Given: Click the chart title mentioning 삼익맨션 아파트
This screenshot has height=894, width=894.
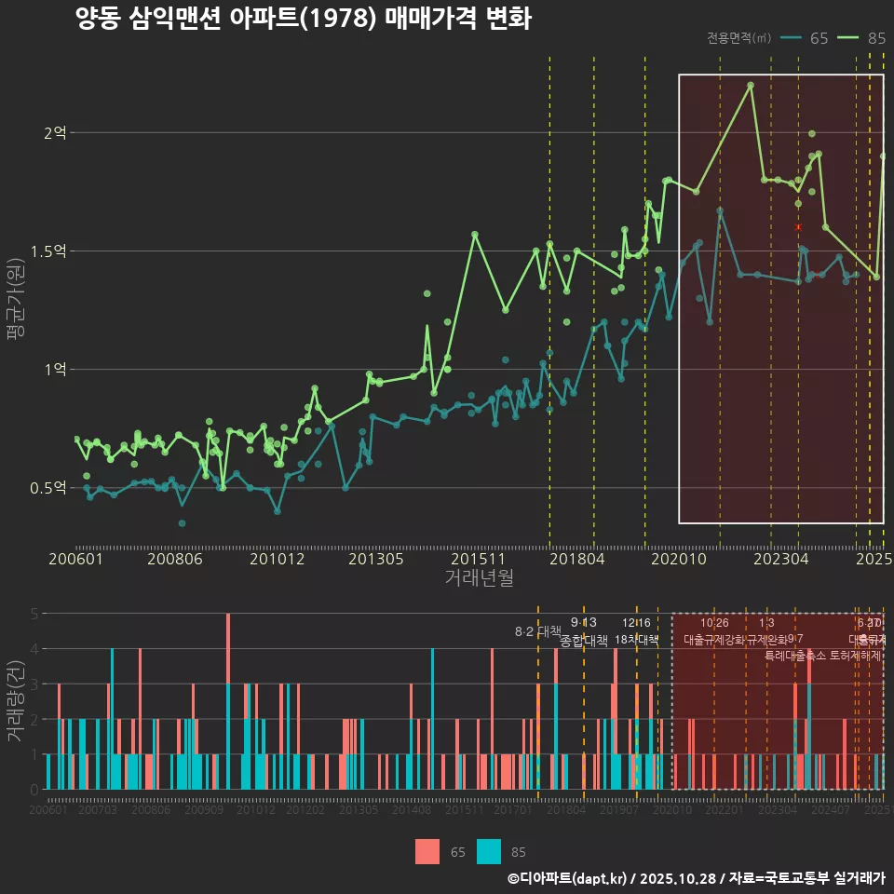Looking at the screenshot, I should point(304,19).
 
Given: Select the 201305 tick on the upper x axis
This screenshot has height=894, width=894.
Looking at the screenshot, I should point(375,559).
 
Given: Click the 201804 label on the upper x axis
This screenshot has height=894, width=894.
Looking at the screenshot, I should point(577,559).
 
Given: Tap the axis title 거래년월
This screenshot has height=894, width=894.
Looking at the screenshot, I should point(479,578).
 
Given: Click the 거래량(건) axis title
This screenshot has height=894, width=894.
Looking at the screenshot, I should point(16,701).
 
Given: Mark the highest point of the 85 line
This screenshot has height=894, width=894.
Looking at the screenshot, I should point(751,85).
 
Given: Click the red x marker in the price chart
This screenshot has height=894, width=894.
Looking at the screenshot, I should point(798,226).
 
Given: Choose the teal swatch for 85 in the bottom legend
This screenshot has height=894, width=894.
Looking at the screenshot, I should point(489,851).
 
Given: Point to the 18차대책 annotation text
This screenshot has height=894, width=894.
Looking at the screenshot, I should point(636,640).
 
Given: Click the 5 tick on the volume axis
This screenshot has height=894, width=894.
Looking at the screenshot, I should point(34,614).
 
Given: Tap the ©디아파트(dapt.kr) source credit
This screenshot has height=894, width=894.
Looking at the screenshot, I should point(569,878).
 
